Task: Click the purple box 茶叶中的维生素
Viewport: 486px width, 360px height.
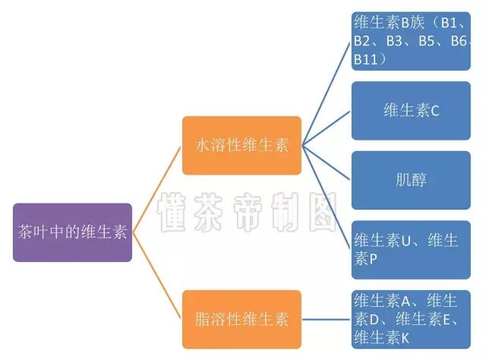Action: click(x=72, y=232)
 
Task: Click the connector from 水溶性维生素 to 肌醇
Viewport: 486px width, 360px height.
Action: click(x=327, y=163)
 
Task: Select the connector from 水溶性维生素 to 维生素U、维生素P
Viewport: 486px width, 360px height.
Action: click(x=327, y=197)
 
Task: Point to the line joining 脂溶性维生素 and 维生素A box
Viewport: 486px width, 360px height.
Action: click(x=327, y=319)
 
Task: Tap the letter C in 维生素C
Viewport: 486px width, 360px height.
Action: click(x=435, y=111)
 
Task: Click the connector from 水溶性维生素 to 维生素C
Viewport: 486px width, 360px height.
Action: click(x=327, y=128)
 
